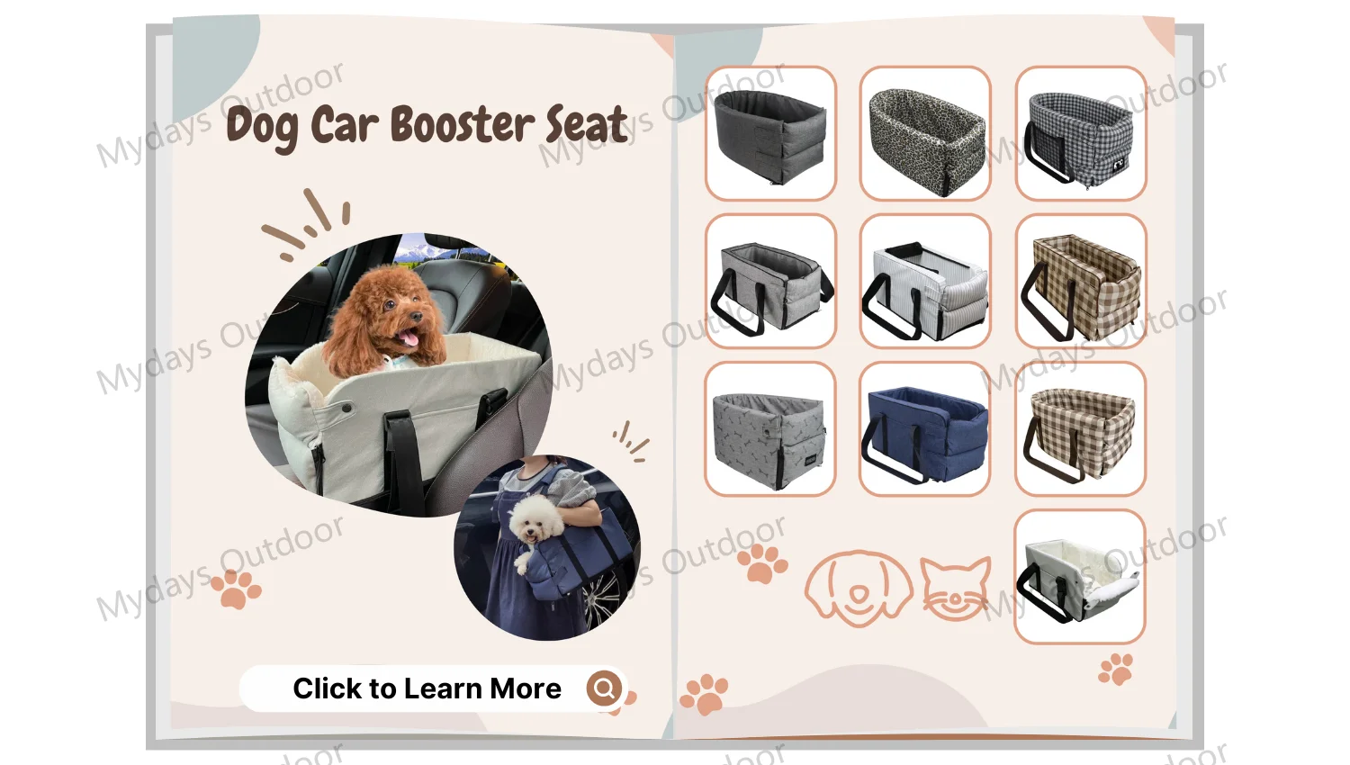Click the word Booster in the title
(463, 125)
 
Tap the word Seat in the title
(586, 124)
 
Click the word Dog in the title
(261, 127)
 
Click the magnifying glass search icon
(605, 688)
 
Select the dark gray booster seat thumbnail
(770, 133)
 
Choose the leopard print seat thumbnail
(925, 133)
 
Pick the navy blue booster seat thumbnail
(925, 428)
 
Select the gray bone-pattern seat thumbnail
(770, 428)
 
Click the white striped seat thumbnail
(925, 281)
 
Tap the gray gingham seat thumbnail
(1081, 133)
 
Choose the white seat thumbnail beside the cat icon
(1080, 576)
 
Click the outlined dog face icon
(859, 587)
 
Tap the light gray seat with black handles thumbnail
(770, 281)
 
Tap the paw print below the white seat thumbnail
(1116, 669)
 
